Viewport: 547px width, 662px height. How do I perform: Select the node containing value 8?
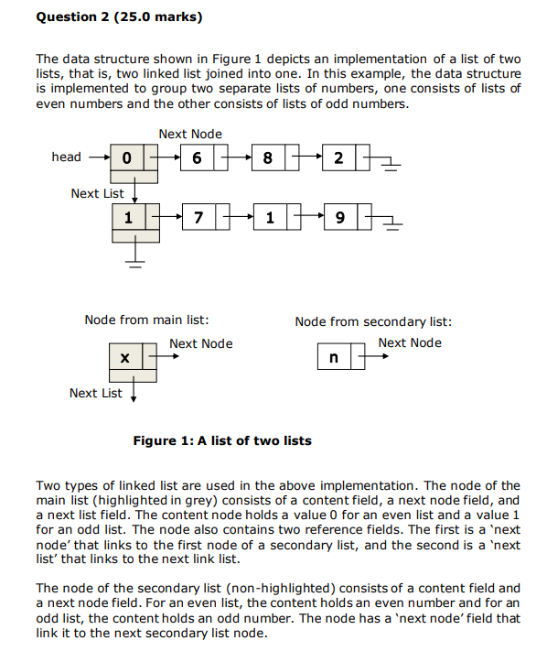tap(267, 158)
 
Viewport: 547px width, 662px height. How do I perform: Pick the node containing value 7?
tap(198, 218)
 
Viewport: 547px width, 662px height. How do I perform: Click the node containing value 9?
tap(340, 218)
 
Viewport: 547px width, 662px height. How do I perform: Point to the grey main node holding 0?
tap(128, 158)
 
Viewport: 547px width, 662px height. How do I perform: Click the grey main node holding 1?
tap(128, 218)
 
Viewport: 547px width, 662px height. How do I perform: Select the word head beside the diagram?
tap(66, 157)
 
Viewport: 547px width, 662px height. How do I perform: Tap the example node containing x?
tap(124, 356)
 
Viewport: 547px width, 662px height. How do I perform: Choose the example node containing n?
tap(334, 356)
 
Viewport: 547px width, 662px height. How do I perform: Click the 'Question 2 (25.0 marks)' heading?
tap(119, 16)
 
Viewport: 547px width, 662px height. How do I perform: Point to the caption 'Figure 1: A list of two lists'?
tap(222, 440)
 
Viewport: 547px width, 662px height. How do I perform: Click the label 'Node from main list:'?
tap(146, 320)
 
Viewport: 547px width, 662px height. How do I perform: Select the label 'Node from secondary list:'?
tap(373, 320)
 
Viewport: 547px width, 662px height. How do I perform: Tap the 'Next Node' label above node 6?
tap(190, 135)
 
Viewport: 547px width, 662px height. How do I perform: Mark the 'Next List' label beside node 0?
tap(97, 193)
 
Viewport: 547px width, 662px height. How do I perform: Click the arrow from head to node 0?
tap(97, 157)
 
